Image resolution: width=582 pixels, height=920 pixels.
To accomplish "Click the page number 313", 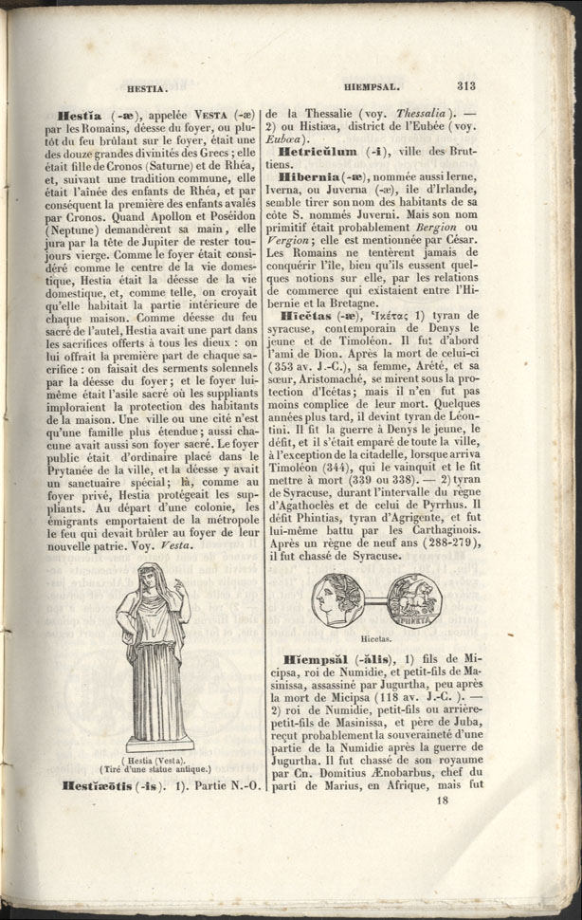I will coord(466,84).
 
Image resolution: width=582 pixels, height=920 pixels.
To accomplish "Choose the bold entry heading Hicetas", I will coord(312,315).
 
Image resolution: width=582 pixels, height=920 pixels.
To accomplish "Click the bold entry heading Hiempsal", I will coord(316,659).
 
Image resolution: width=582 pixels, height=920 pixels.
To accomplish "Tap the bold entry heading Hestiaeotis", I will coord(99,785).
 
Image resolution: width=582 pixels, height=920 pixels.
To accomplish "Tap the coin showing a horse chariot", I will coord(414,601).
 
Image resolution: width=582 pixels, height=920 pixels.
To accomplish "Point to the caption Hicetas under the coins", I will coord(377,639).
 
